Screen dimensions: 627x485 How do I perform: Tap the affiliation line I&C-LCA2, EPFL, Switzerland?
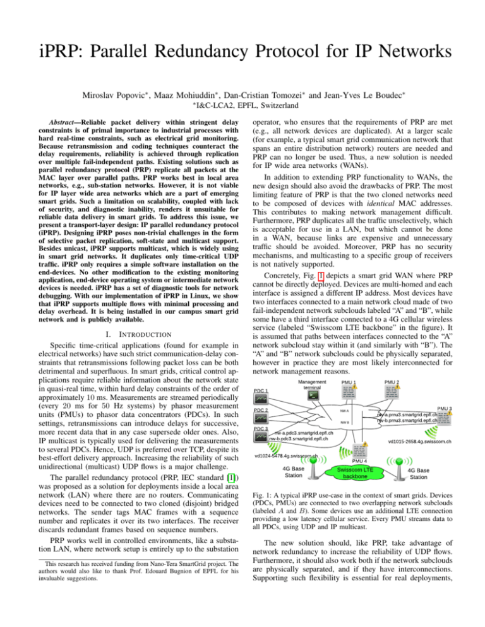click(243, 93)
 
